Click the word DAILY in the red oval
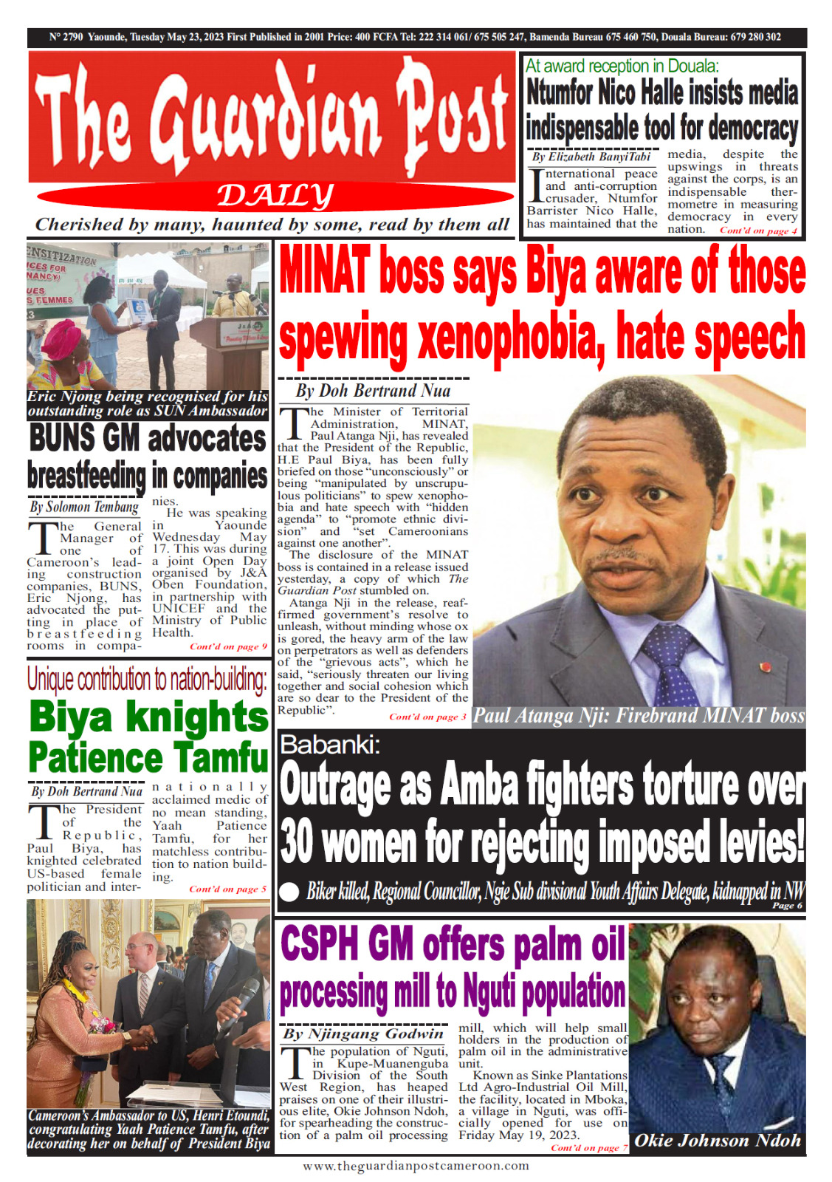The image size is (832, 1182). tap(275, 197)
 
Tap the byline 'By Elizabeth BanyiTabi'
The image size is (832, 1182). tap(591, 157)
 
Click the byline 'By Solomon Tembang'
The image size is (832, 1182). tap(84, 507)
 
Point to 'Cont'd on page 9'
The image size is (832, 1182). tap(228, 646)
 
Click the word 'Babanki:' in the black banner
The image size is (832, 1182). tap(330, 745)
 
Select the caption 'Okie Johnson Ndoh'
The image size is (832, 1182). tap(718, 1141)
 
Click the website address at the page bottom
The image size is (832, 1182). tap(416, 1166)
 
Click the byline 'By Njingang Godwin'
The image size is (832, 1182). tap(364, 1034)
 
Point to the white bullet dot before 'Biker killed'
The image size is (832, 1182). tap(291, 890)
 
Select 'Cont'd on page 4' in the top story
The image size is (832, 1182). tap(758, 230)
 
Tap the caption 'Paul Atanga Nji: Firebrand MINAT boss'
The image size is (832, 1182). tap(638, 716)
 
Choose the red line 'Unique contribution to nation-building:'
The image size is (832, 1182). tap(147, 679)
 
